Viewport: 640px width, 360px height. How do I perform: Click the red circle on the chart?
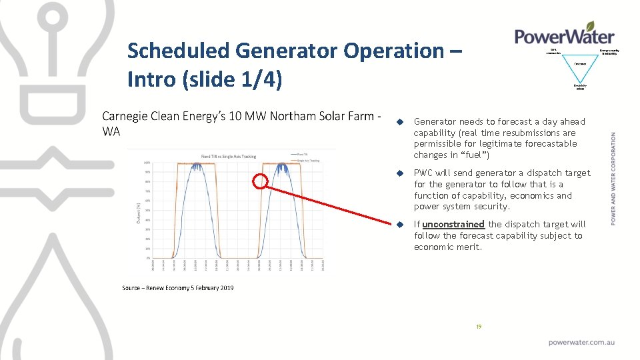pos(261,181)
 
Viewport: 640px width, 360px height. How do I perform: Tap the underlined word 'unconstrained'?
pos(453,224)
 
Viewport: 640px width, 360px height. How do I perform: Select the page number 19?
pos(478,327)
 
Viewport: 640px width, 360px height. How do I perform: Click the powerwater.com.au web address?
pos(581,342)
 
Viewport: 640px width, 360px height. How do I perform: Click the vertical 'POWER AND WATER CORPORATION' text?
pos(613,178)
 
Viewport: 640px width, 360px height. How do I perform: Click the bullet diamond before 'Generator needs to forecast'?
pos(400,122)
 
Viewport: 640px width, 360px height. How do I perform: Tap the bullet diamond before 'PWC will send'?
pos(400,173)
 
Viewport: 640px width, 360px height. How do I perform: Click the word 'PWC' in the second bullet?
pos(423,173)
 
